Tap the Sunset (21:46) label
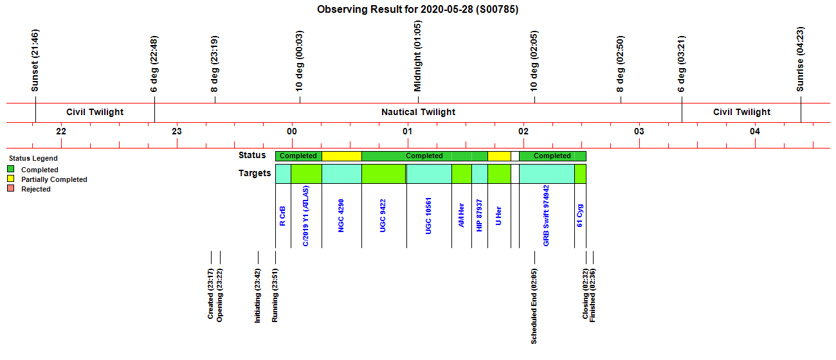[35, 60]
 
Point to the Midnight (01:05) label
[417, 56]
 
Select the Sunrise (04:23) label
[800, 59]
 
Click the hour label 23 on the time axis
[177, 131]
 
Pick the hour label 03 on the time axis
[639, 131]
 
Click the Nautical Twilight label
[418, 112]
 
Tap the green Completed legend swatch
[11, 169]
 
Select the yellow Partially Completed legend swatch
[11, 179]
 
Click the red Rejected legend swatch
[11, 188]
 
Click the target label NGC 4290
[341, 215]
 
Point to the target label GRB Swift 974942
[546, 215]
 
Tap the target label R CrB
[282, 216]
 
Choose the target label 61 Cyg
[579, 215]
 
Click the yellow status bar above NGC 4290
[341, 156]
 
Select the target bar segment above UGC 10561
[429, 174]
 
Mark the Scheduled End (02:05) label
[534, 307]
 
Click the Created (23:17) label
[210, 294]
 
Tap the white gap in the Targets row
[514, 174]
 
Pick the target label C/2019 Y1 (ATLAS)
[305, 216]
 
